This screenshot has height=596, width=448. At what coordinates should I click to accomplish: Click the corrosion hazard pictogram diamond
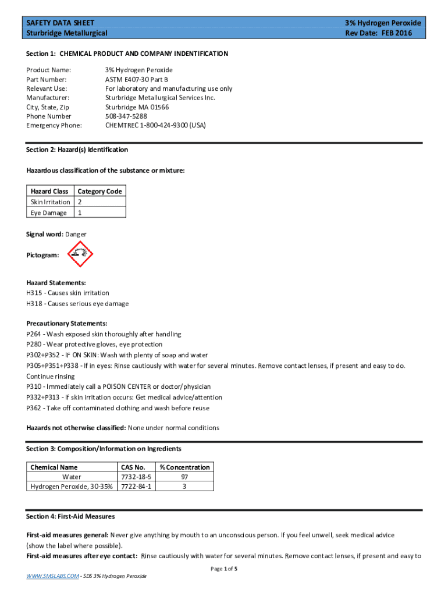[80, 254]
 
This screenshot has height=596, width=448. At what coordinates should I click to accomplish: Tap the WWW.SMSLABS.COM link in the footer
[51, 576]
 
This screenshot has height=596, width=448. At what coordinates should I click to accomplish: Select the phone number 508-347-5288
[126, 116]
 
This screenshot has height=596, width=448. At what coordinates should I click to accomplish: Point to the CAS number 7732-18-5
[136, 477]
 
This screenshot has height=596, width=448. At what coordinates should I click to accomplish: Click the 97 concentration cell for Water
[184, 477]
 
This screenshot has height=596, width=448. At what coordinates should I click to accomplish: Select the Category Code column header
[99, 191]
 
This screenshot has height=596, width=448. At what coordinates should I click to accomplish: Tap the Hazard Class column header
[49, 191]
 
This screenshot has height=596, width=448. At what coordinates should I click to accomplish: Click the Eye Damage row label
[49, 213]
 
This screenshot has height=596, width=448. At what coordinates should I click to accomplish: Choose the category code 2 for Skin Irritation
[80, 202]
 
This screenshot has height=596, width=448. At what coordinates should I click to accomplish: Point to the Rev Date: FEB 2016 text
[378, 33]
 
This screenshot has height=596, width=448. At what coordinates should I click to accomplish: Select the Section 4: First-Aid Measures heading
[70, 517]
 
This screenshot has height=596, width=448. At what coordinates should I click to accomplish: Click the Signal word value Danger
[76, 234]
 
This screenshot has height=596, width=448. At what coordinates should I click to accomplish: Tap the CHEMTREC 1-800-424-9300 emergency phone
[155, 125]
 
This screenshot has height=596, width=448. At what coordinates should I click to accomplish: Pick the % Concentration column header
[185, 467]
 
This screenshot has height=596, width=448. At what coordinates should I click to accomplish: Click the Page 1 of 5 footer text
[224, 569]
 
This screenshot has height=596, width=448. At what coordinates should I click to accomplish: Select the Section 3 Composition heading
[104, 449]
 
